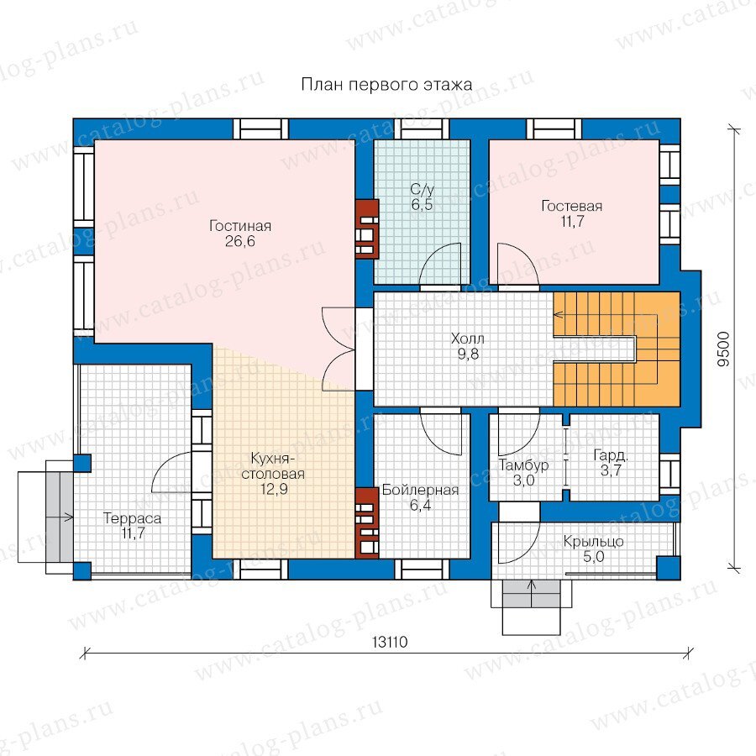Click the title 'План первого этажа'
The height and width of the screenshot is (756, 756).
coord(386,85)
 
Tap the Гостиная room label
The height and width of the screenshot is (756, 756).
coord(240,226)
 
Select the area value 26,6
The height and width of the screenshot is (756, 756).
coord(240,241)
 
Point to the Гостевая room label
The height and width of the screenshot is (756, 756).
coord(572,206)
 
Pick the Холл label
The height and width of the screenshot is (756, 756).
coord(468,339)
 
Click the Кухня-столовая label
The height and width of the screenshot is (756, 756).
coord(273,465)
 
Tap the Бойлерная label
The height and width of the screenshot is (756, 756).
coord(421,491)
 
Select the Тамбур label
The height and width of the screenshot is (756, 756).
coord(523,465)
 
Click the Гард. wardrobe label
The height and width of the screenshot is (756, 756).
coord(611,455)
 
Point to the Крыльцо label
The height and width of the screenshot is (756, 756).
coord(594,542)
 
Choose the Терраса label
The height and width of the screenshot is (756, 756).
coord(133,519)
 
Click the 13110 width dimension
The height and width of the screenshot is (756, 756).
coord(390,643)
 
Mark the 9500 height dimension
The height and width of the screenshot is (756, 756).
coord(724,349)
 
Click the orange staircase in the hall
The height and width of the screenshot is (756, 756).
coord(617,349)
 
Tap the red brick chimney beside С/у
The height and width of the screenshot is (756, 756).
coord(366,229)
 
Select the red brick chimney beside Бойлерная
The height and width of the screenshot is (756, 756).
coord(366,523)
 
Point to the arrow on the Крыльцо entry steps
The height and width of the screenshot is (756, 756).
coord(532,594)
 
